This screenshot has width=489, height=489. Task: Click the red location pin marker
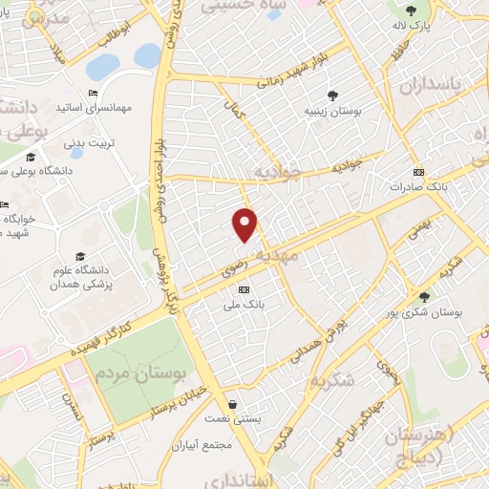point(245,223)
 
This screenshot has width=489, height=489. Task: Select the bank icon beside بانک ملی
point(244,289)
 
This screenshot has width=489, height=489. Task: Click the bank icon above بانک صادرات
point(417,172)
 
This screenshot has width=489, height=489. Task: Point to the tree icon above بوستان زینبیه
point(332,95)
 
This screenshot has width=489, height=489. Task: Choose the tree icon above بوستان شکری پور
point(424,297)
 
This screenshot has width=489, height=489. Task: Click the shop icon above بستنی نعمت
point(233,404)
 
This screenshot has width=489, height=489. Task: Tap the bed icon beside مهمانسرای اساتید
point(93,93)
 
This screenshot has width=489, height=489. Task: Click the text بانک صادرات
point(417,187)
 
